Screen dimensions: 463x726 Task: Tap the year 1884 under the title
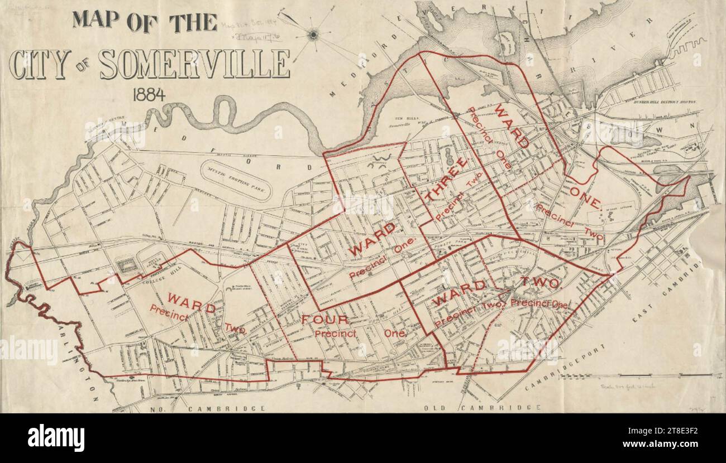point(149,94)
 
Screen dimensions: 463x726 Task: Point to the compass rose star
point(313,35)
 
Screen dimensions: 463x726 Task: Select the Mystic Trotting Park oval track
point(235,180)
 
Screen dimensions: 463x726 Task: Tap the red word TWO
point(540,283)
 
